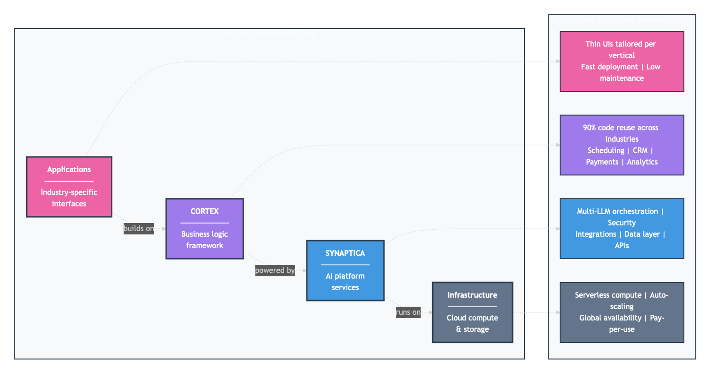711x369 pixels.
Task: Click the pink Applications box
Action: point(69,186)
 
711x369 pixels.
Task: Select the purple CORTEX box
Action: point(205,228)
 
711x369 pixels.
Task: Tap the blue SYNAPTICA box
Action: point(345,270)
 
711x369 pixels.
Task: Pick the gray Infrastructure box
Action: point(472,312)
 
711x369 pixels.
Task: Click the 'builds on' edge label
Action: point(138,229)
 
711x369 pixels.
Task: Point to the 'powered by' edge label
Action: point(275,271)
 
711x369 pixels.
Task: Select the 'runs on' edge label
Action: point(408,312)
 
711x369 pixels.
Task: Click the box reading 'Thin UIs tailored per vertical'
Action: point(622,61)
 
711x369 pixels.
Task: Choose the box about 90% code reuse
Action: point(622,145)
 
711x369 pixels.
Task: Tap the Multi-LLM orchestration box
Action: point(622,228)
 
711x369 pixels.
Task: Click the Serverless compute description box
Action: point(622,312)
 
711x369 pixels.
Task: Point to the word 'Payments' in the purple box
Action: point(602,162)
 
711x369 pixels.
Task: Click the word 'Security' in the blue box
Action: point(622,223)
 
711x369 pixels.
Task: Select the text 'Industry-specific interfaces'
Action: point(69,198)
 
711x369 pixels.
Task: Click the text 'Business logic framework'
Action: point(205,240)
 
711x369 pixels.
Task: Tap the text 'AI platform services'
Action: point(345,282)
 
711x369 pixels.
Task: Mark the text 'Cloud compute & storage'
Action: point(472,324)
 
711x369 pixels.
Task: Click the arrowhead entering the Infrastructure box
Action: point(430,312)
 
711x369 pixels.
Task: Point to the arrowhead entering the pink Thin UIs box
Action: point(557,61)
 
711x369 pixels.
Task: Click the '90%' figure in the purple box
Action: point(591,128)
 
